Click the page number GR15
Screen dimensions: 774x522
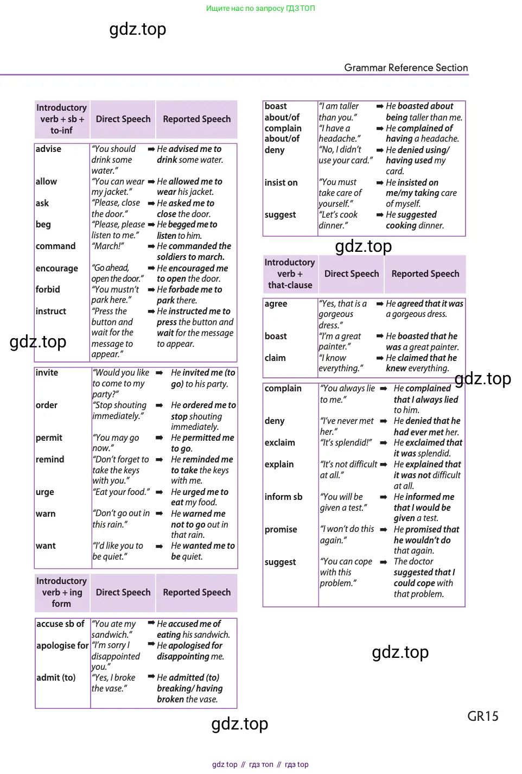click(x=482, y=716)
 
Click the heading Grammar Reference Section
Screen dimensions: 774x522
click(x=405, y=68)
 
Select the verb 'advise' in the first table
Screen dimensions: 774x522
click(x=48, y=149)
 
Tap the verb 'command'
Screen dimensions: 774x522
click(x=55, y=246)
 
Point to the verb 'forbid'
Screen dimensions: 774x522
click(x=48, y=290)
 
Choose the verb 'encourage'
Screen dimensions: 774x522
click(x=56, y=269)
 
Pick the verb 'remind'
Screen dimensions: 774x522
click(x=49, y=460)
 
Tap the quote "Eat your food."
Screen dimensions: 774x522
click(x=121, y=492)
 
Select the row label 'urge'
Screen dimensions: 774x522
click(x=44, y=492)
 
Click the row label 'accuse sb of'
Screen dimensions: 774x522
click(x=60, y=624)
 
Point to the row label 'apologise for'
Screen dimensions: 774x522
click(x=62, y=646)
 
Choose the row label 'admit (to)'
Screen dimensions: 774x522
click(x=56, y=678)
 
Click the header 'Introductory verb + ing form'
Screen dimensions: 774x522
click(x=61, y=592)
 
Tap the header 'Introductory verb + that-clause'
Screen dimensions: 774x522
click(x=290, y=274)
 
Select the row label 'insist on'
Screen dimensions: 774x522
click(x=281, y=183)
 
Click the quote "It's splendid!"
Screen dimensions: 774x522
click(x=346, y=443)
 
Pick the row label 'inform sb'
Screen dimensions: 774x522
click(x=283, y=497)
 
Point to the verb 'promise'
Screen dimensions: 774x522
click(x=281, y=530)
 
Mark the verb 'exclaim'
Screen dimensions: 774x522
click(x=279, y=443)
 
